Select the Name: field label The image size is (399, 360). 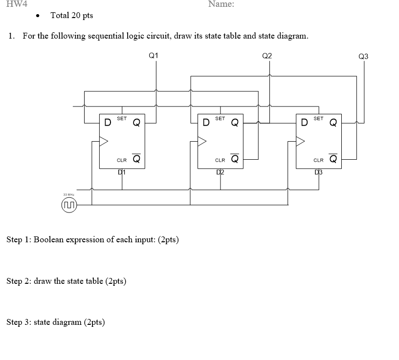[x=221, y=4]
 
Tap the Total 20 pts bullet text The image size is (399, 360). [x=71, y=16]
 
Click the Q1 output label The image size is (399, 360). [x=153, y=56]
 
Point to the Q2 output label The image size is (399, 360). [x=267, y=56]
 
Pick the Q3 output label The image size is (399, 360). [x=363, y=57]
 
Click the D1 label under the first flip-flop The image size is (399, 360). [x=122, y=172]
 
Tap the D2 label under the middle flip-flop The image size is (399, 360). [x=220, y=172]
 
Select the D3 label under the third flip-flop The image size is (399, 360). [x=319, y=172]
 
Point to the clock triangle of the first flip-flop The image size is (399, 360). [x=104, y=141]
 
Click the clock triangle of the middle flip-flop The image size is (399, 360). [x=202, y=141]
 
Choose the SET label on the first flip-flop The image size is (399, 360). [x=122, y=118]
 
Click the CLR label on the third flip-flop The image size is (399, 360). [x=318, y=160]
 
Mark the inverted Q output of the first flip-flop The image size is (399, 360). [x=137, y=158]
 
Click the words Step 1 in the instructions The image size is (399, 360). [x=19, y=240]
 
